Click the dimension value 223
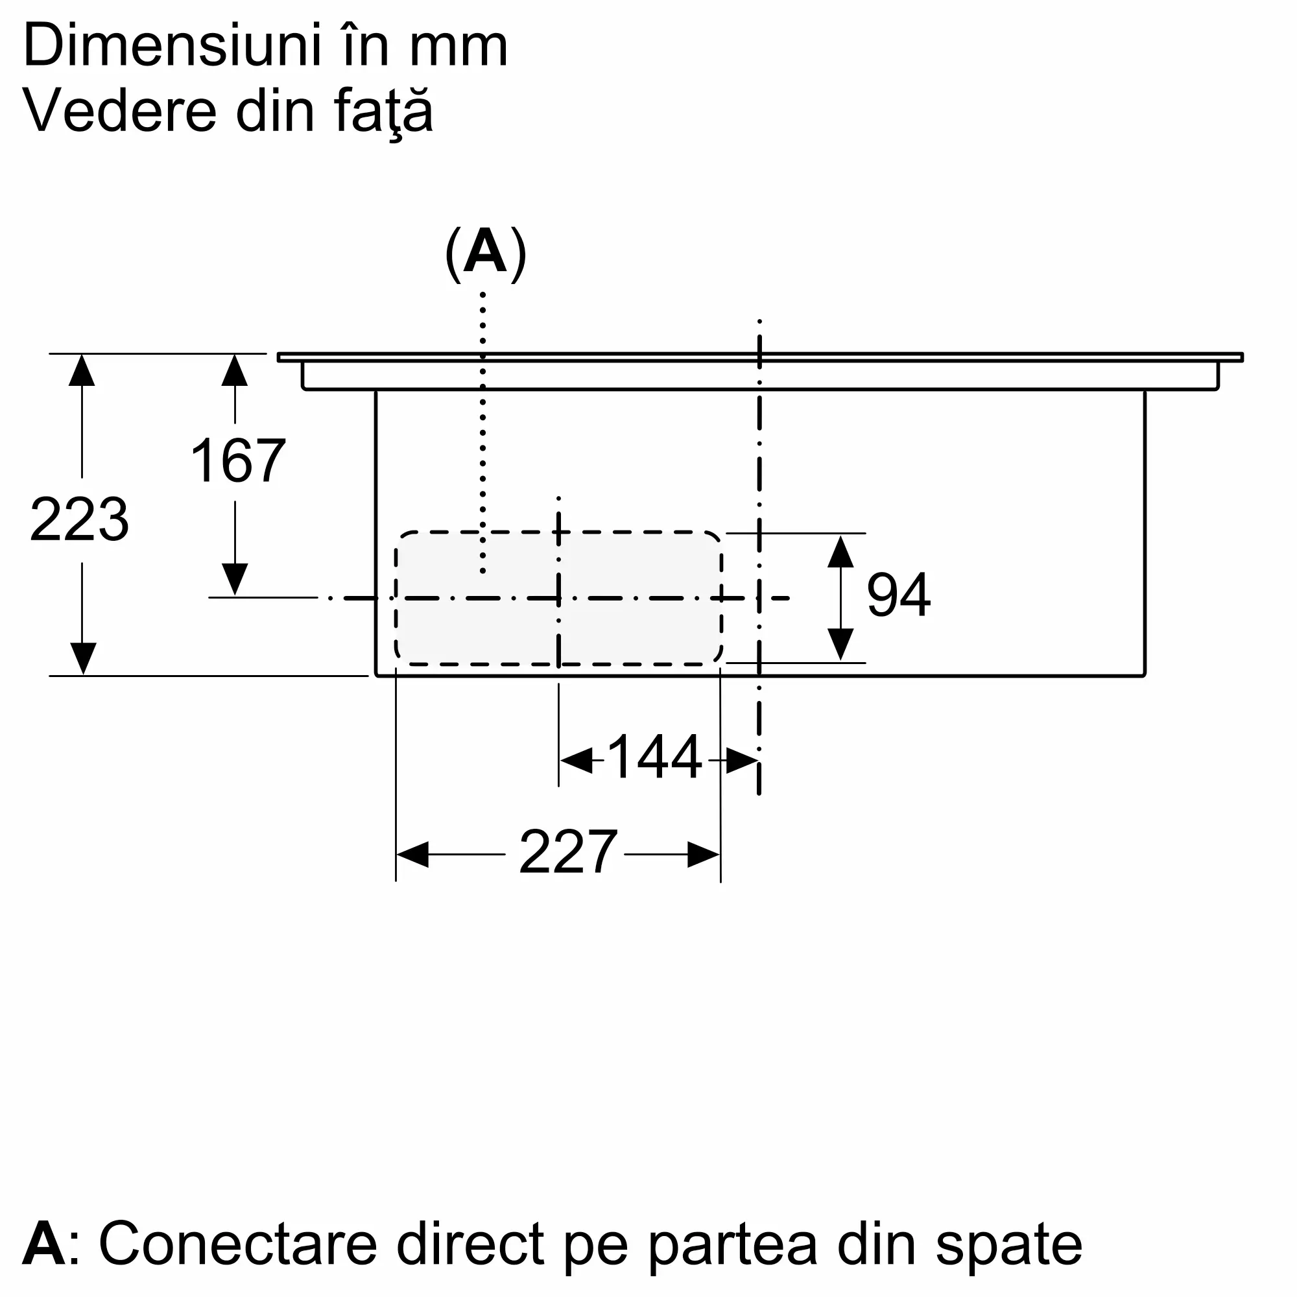pos(79,519)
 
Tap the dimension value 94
pos(898,595)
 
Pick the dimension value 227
pos(568,852)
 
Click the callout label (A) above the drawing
pos(485,254)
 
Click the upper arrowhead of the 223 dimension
pos(82,370)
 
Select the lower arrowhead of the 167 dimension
pos(235,578)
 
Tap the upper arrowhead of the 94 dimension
pos(840,551)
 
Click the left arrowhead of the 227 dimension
pos(412,855)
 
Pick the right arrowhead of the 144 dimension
pos(743,761)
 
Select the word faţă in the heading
pos(383,112)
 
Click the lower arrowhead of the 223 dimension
pos(82,658)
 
